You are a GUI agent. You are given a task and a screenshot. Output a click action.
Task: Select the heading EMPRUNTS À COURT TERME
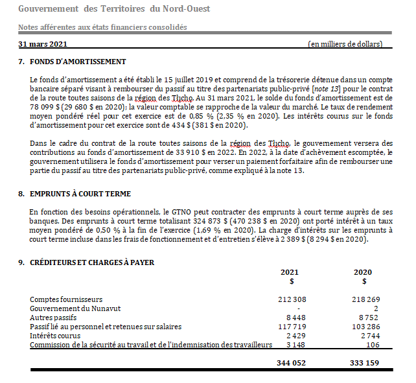click(80, 194)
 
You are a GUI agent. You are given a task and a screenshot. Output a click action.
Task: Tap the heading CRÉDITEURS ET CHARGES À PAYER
click(92, 262)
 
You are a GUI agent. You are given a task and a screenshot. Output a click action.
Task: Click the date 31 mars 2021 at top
click(43, 44)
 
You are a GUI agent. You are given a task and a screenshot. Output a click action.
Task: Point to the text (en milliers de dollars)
click(345, 44)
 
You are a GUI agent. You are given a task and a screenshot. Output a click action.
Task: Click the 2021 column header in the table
click(290, 272)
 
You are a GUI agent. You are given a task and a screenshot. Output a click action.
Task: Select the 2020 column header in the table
click(364, 272)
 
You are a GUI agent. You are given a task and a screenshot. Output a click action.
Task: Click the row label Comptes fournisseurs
click(66, 299)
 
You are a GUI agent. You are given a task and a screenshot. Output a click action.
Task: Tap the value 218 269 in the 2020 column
click(364, 299)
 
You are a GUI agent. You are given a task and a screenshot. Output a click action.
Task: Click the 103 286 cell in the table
click(364, 327)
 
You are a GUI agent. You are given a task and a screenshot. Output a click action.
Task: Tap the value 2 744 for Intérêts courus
click(367, 336)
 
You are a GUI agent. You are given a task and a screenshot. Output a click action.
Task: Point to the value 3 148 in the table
click(295, 345)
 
